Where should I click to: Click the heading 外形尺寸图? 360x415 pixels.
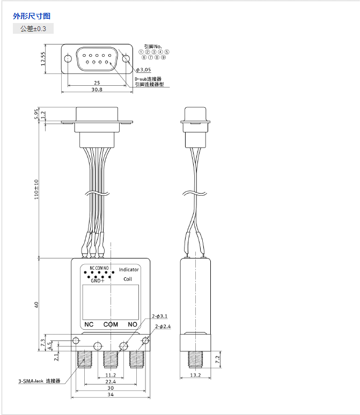(x=32, y=16)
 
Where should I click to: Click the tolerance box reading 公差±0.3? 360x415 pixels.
(x=33, y=28)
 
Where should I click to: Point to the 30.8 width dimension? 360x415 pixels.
(x=97, y=90)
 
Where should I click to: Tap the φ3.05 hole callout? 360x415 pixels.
(x=144, y=70)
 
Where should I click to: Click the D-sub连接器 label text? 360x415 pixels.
(x=148, y=79)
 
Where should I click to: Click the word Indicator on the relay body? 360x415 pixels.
(x=129, y=270)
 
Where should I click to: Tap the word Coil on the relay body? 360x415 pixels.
(x=128, y=279)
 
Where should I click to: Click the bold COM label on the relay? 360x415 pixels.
(x=111, y=324)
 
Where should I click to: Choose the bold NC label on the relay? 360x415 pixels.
(x=89, y=324)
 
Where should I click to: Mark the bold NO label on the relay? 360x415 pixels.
(x=132, y=324)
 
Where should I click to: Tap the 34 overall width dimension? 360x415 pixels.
(x=111, y=396)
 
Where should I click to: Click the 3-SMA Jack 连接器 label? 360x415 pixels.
(x=39, y=381)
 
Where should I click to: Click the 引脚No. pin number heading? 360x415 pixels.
(x=153, y=47)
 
